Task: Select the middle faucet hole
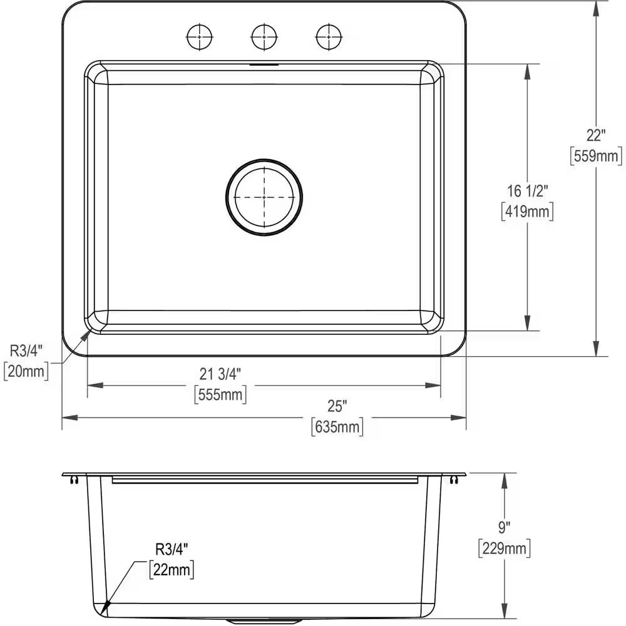pyautogui.click(x=264, y=37)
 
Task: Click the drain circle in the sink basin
pyautogui.click(x=264, y=197)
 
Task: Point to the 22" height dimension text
pyautogui.click(x=596, y=135)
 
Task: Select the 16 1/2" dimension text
pyautogui.click(x=528, y=191)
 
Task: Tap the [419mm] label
pyautogui.click(x=528, y=212)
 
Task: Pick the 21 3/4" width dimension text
pyautogui.click(x=220, y=374)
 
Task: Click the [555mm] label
pyautogui.click(x=220, y=394)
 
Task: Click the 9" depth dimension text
pyautogui.click(x=504, y=528)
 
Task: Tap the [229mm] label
pyautogui.click(x=504, y=548)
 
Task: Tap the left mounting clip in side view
pyautogui.click(x=75, y=480)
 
